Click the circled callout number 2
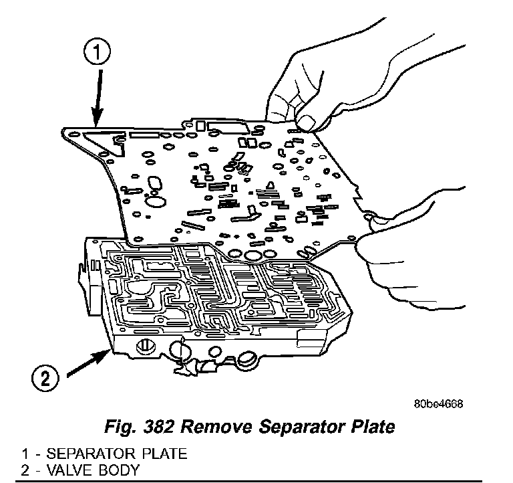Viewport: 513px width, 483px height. click(45, 379)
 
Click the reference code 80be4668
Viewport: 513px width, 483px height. click(438, 405)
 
